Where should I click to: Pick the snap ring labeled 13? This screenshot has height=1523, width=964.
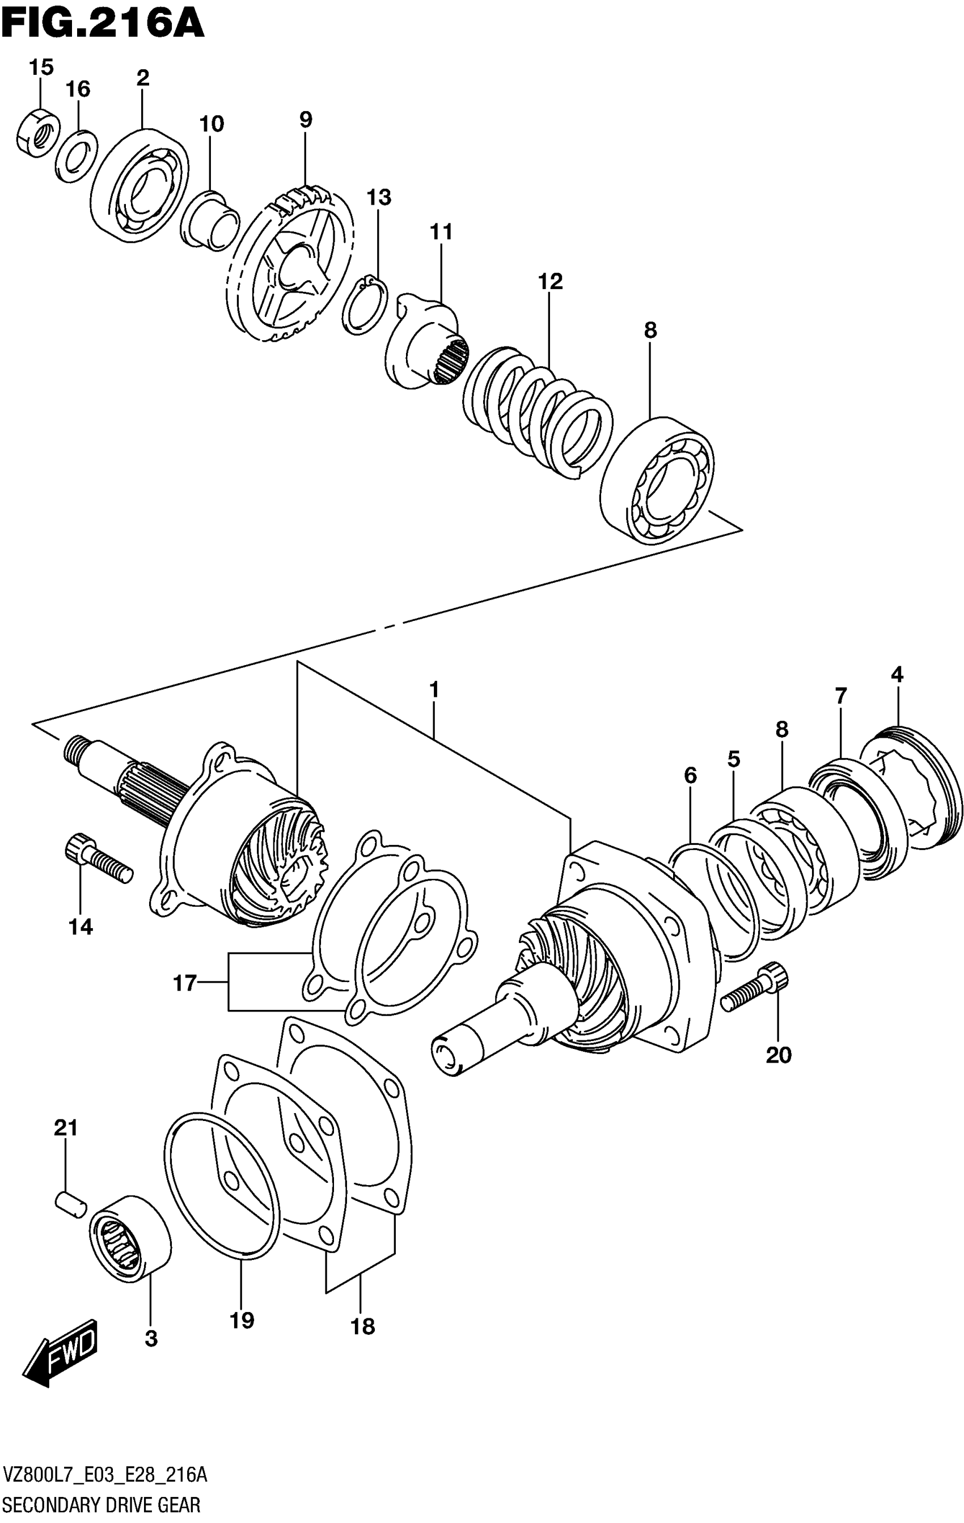pyautogui.click(x=365, y=305)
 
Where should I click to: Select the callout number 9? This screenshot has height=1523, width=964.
pyautogui.click(x=306, y=119)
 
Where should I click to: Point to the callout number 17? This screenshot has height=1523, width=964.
pyautogui.click(x=185, y=983)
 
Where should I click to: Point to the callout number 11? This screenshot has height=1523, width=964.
pyautogui.click(x=442, y=232)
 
